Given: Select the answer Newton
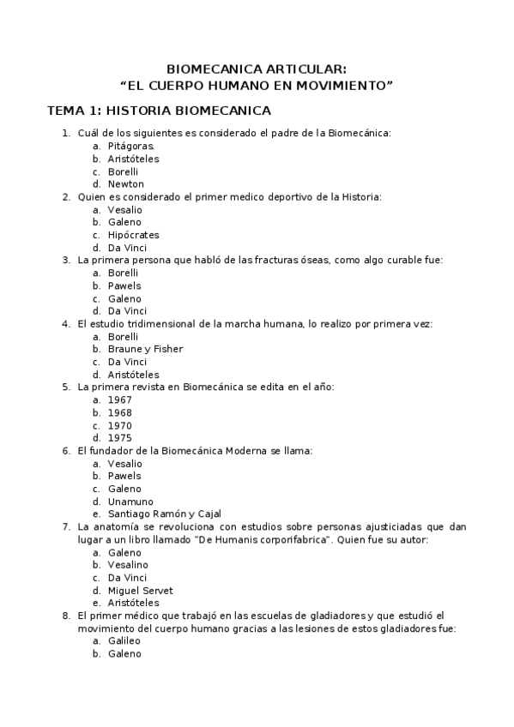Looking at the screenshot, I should pos(125,184).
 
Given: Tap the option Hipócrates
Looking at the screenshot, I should pos(133,235).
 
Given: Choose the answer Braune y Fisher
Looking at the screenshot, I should pos(145,349).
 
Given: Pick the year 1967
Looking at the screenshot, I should pos(119,400).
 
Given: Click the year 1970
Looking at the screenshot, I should pos(119,425).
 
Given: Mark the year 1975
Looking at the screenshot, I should pos(119,438).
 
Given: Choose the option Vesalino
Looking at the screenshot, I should pos(128,565).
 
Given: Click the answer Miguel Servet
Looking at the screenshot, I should pos(140,591).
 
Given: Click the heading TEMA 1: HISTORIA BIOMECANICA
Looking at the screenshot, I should pos(159,111).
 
